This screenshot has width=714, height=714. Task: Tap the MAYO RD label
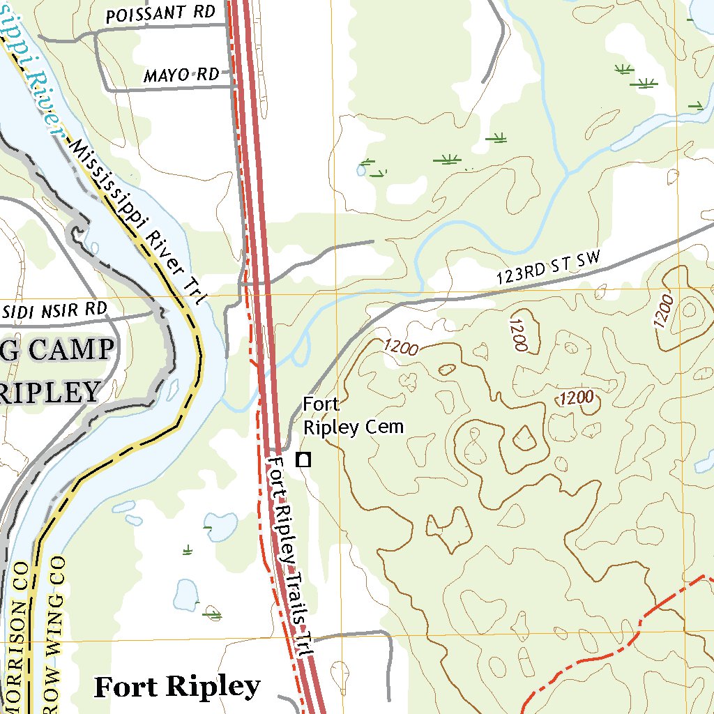pos(181,75)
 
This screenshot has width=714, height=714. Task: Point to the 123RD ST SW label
pos(548,268)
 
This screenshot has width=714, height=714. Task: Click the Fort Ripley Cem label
pos(353,416)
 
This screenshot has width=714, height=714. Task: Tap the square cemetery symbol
pos(303,459)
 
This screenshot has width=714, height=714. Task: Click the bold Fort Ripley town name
pos(177,687)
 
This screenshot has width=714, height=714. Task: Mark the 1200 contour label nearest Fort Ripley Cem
pos(400,347)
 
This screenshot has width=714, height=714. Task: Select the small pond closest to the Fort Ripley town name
pos(186,594)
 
